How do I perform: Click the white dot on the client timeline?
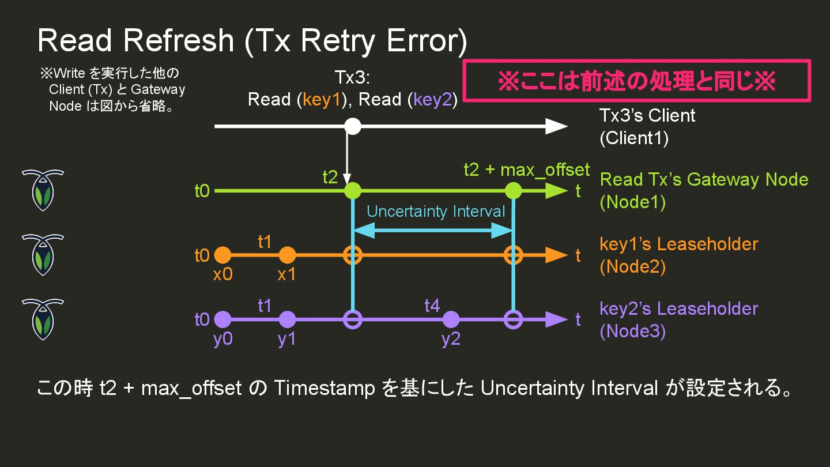pyautogui.click(x=352, y=126)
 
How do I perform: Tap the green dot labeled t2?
pyautogui.click(x=352, y=190)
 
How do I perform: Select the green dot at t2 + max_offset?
pyautogui.click(x=512, y=190)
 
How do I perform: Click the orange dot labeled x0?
pyautogui.click(x=222, y=255)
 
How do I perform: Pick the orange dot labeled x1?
pyautogui.click(x=287, y=255)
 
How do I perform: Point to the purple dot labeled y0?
pyautogui.click(x=222, y=319)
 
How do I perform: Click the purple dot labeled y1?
pyautogui.click(x=287, y=319)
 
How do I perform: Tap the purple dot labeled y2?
pyautogui.click(x=451, y=319)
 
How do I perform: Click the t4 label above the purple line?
pyautogui.click(x=432, y=306)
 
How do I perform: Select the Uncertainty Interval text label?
pyautogui.click(x=436, y=212)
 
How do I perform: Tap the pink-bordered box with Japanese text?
pyautogui.click(x=637, y=81)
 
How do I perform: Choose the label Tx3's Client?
pyautogui.click(x=647, y=115)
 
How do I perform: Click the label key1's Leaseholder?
pyautogui.click(x=678, y=244)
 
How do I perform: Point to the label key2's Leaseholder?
pyautogui.click(x=678, y=308)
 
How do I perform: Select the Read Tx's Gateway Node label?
pyautogui.click(x=704, y=179)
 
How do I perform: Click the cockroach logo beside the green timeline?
pyautogui.click(x=43, y=190)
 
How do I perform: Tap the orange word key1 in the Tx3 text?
pyautogui.click(x=322, y=100)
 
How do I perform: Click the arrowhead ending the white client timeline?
pyautogui.click(x=556, y=126)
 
